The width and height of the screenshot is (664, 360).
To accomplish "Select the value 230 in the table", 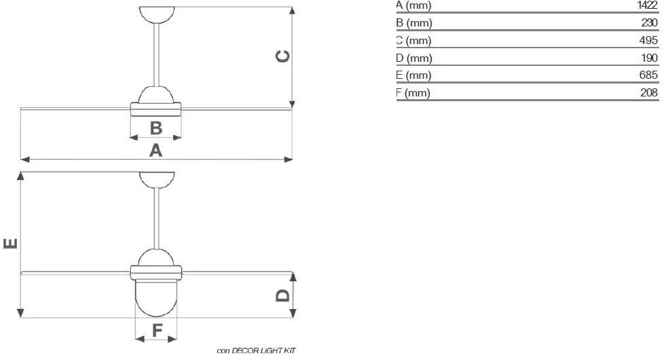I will [x=649, y=22].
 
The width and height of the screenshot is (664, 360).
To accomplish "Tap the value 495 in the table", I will [x=649, y=40].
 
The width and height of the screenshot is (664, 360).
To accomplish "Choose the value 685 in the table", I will [x=649, y=75].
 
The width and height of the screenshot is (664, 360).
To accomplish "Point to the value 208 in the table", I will [x=649, y=93].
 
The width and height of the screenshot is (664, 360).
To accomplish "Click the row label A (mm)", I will [x=413, y=5].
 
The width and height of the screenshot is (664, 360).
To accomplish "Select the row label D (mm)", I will [x=413, y=58].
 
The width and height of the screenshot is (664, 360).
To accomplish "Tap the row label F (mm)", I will [x=413, y=93].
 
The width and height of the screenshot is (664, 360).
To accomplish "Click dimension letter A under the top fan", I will [x=156, y=150].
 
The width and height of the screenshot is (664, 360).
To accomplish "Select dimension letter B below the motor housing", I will [x=155, y=127].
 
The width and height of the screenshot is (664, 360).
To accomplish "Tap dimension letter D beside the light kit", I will [x=282, y=295].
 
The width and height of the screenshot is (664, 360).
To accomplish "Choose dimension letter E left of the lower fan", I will [x=10, y=242].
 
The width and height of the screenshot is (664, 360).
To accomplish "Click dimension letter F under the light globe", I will [x=156, y=330].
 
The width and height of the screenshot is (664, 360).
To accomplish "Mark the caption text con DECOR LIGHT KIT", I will [x=257, y=351].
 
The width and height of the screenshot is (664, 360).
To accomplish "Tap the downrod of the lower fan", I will [x=157, y=217].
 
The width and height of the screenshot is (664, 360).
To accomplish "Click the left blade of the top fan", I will [x=75, y=107].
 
